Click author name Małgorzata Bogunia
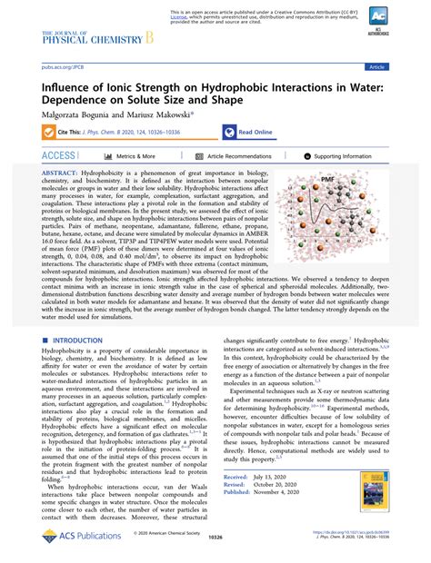coord(77,114)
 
